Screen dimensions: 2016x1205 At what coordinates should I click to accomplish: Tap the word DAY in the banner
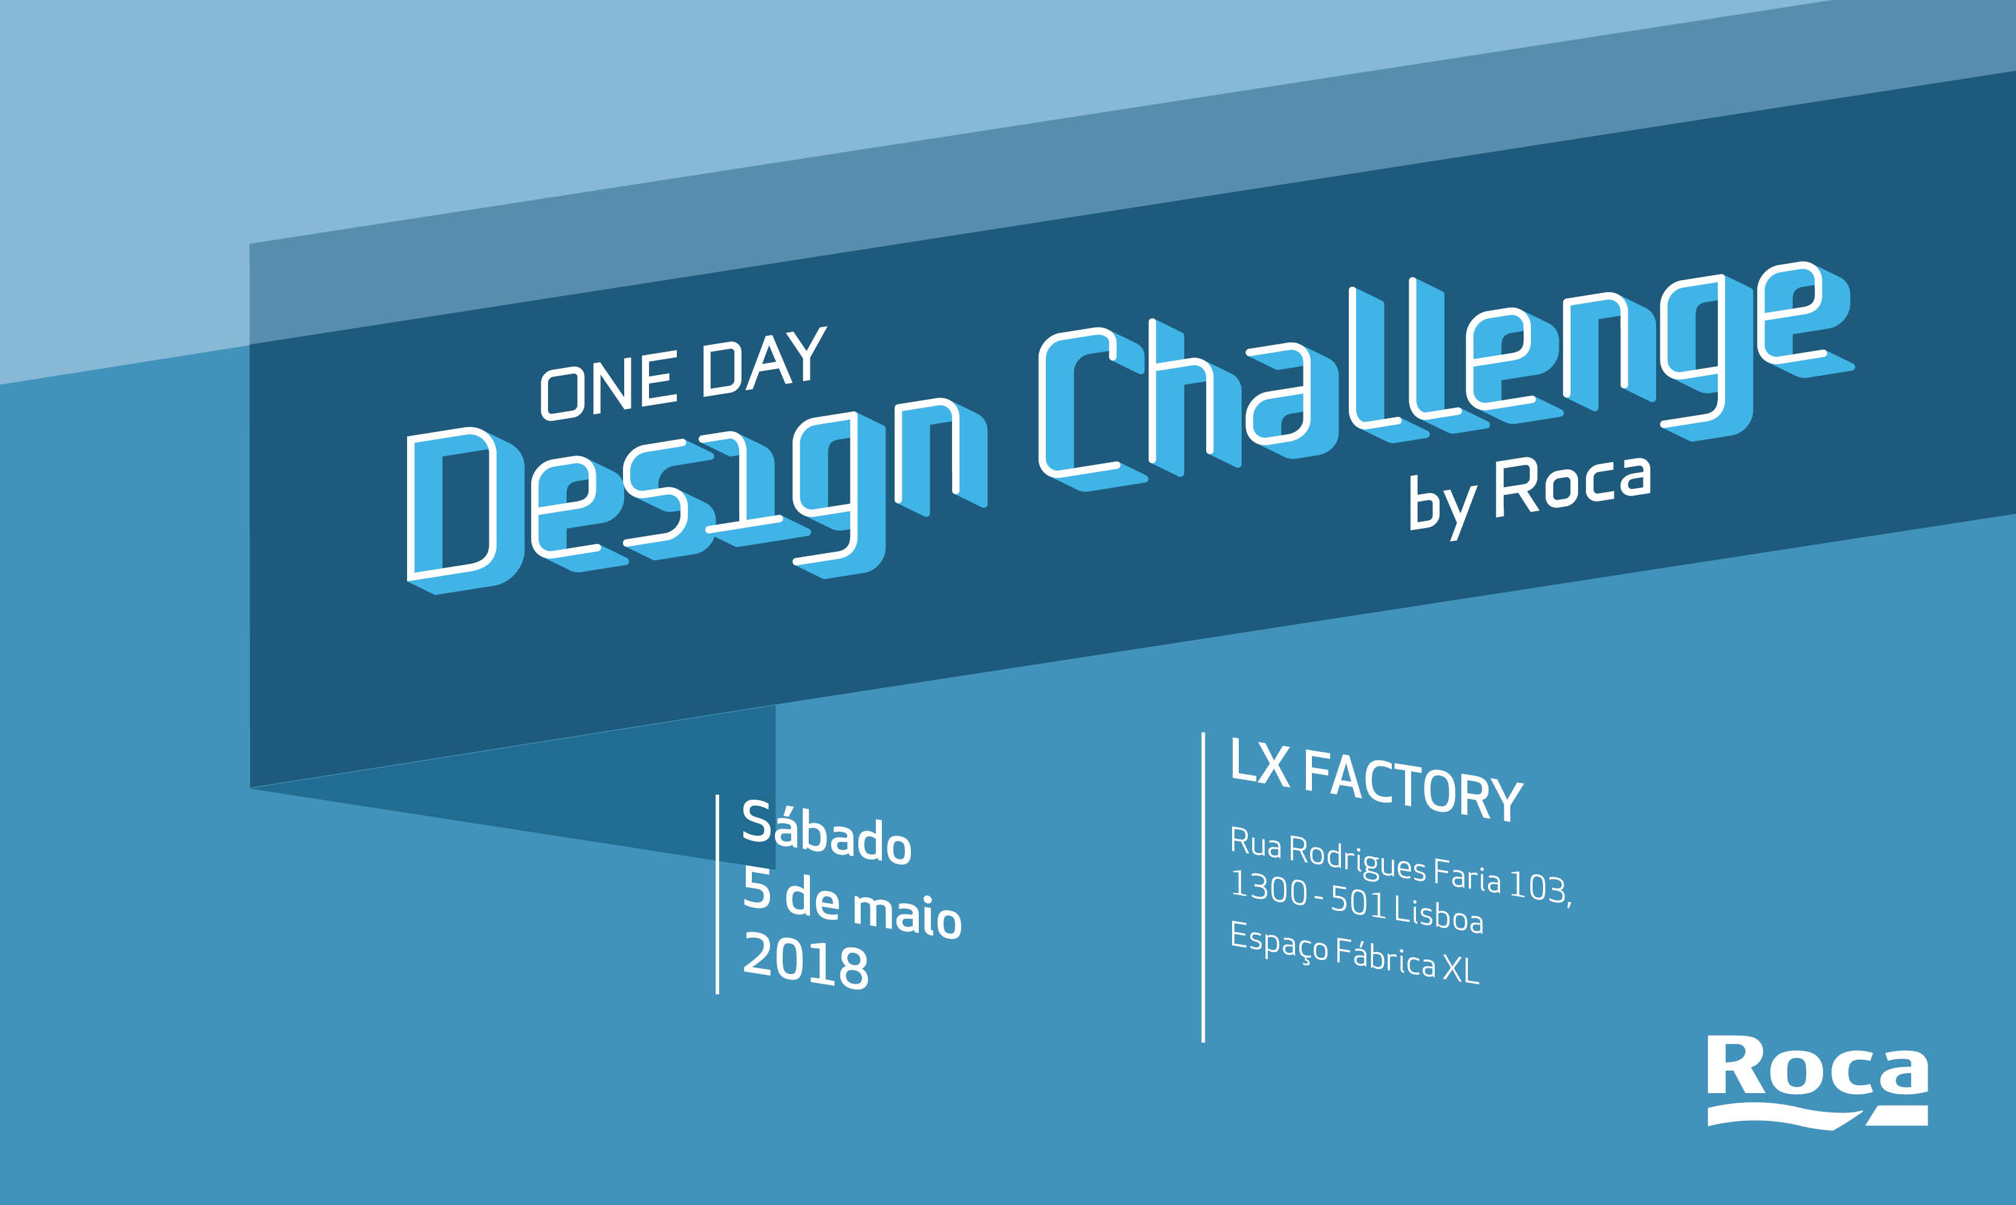click(764, 361)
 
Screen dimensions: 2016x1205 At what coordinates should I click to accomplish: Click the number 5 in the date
click(756, 889)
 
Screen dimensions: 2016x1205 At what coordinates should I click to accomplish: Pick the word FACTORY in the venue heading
click(1413, 785)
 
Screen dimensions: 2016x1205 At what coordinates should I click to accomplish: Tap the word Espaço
click(1279, 942)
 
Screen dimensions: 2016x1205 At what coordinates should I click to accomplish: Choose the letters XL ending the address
click(1461, 968)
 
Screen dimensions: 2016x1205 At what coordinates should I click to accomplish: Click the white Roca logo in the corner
click(1817, 1082)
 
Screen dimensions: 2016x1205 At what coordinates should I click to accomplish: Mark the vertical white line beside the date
click(718, 894)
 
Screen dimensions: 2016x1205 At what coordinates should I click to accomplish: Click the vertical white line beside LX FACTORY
click(1203, 887)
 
